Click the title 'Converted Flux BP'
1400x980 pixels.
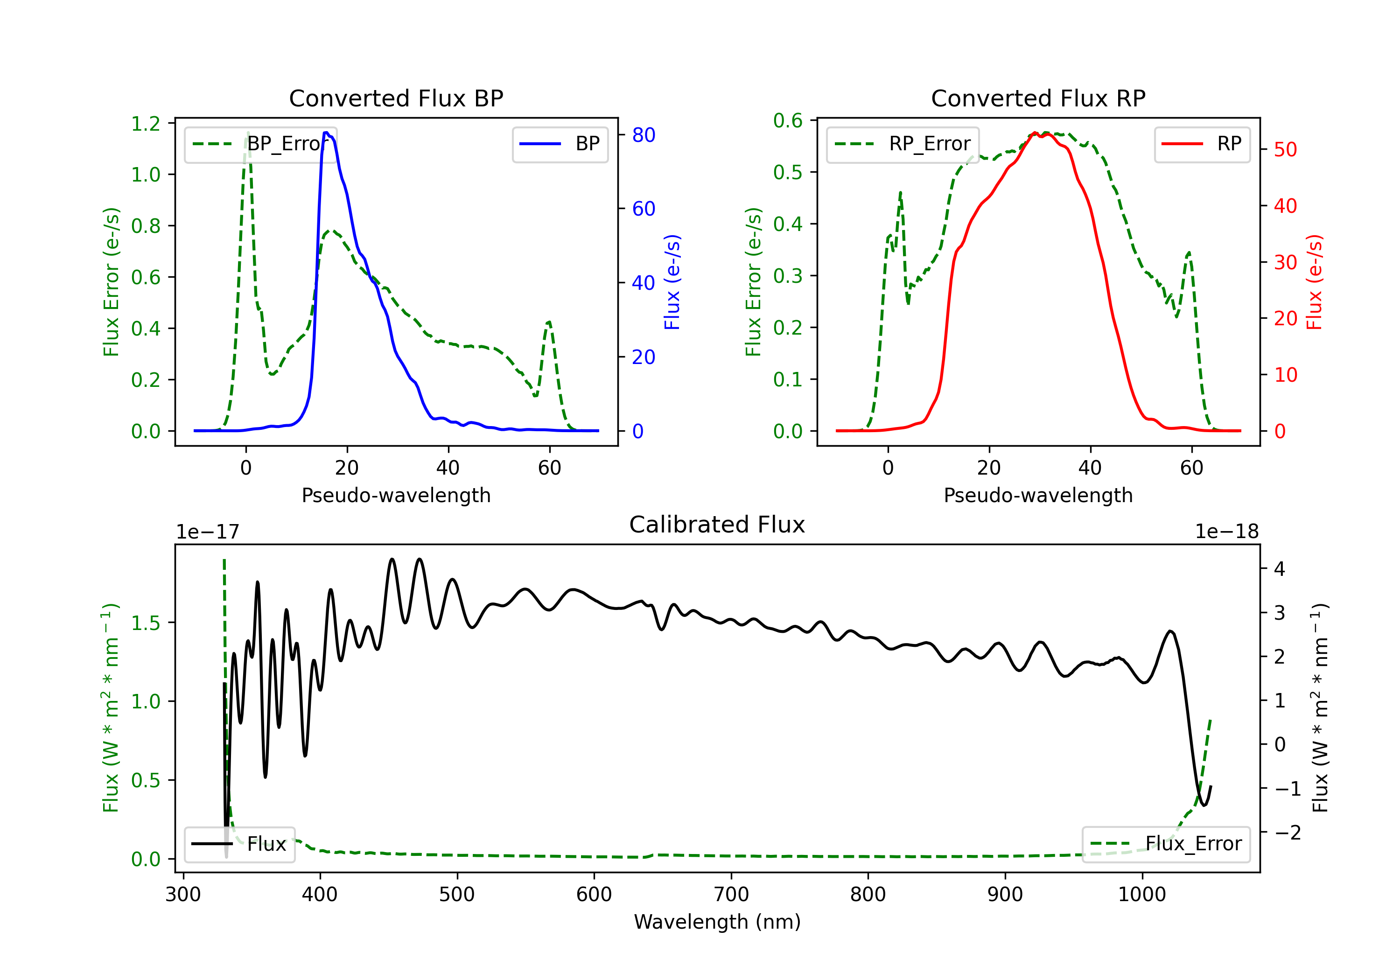[396, 98]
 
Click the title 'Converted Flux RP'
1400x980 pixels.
[1038, 98]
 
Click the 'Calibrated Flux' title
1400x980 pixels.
[717, 525]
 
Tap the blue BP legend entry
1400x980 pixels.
[560, 144]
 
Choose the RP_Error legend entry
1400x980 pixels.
[903, 144]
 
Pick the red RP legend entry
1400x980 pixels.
[1202, 144]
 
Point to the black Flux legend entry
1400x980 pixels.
[239, 844]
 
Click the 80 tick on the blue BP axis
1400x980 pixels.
[643, 135]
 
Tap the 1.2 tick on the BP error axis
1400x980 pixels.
[146, 124]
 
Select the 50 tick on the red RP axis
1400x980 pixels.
[1285, 150]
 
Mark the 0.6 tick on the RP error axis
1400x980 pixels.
[788, 121]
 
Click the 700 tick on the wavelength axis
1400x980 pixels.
[731, 895]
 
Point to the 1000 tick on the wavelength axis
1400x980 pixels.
[1142, 895]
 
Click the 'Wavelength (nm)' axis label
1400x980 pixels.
[717, 922]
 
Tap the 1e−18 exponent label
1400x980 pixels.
[1227, 532]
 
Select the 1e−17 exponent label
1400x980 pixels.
[207, 532]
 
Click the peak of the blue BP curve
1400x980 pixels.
[326, 133]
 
